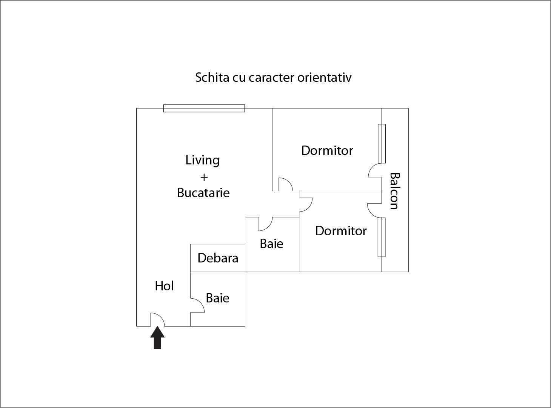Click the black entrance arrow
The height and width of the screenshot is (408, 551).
(x=157, y=338)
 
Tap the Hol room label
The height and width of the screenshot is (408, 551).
(x=164, y=286)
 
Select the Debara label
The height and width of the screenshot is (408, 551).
(x=218, y=258)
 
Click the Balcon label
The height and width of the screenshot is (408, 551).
(x=394, y=191)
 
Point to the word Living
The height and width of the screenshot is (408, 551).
(x=202, y=160)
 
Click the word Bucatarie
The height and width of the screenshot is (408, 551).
(x=203, y=193)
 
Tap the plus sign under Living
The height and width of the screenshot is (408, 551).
(x=203, y=177)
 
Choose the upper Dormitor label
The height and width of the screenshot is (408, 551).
(x=327, y=150)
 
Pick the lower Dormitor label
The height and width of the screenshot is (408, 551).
(x=341, y=231)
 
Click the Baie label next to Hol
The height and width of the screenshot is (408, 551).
(x=217, y=298)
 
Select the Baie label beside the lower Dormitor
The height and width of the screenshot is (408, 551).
(x=271, y=244)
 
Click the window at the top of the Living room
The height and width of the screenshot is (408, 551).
(x=204, y=109)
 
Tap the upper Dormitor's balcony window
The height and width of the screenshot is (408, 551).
(x=382, y=143)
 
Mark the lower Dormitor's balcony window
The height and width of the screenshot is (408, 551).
(x=382, y=237)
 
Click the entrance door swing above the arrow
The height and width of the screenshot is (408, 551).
(x=157, y=319)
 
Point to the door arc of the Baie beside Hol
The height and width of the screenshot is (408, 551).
(x=197, y=306)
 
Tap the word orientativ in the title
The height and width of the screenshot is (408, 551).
(x=324, y=77)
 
